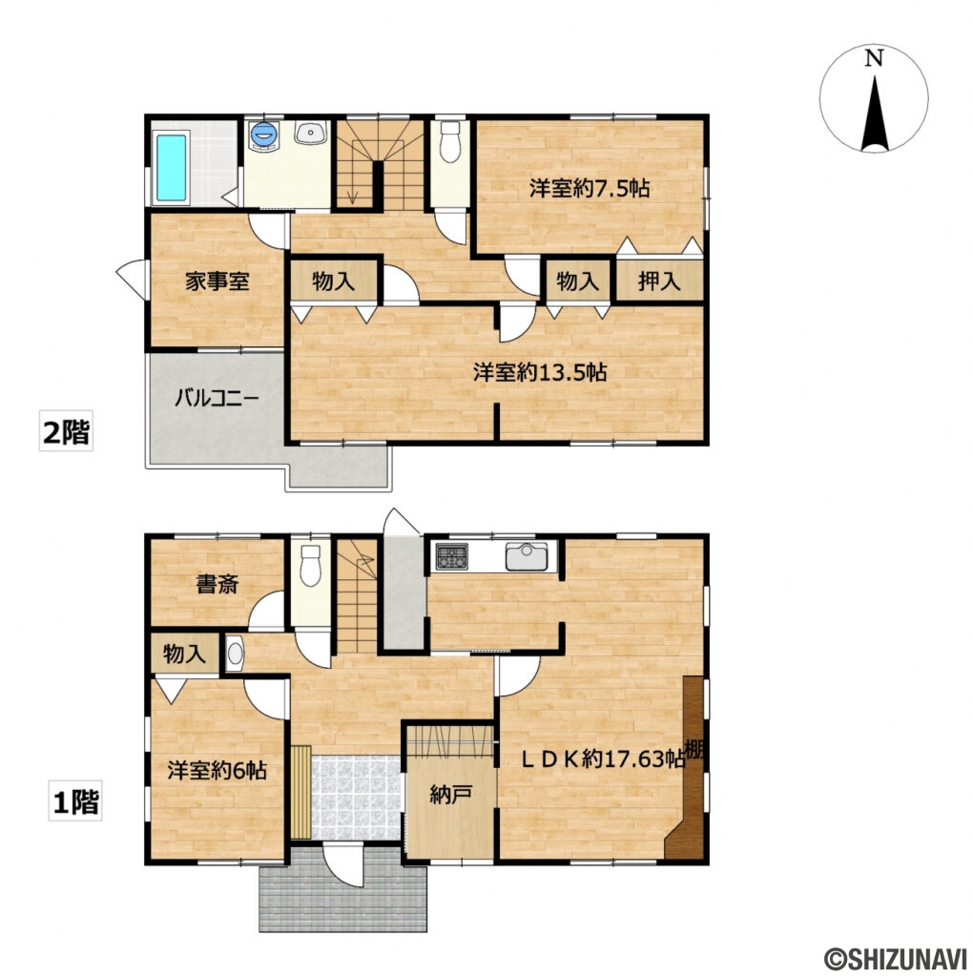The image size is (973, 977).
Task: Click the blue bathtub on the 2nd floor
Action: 172,168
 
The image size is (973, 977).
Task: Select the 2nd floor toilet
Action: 449,142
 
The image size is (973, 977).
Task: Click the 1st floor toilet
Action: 310,565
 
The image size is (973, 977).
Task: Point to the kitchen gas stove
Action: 451,556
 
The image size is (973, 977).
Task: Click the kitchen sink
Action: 527,556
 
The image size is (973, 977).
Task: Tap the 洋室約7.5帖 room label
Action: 590,188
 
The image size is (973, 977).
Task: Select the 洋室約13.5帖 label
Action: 540,372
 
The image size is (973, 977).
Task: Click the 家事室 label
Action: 217,281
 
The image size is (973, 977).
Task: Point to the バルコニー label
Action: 217,397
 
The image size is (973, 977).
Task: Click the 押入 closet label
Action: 658,281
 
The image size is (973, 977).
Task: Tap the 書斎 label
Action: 217,585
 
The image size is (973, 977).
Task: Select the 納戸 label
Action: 450,795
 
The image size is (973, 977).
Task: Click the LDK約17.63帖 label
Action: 602,759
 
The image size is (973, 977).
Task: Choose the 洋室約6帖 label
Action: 217,771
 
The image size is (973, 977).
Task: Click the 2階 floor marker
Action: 66,431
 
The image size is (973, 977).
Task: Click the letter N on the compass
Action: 875,58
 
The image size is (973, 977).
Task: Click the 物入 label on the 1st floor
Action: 184,654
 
